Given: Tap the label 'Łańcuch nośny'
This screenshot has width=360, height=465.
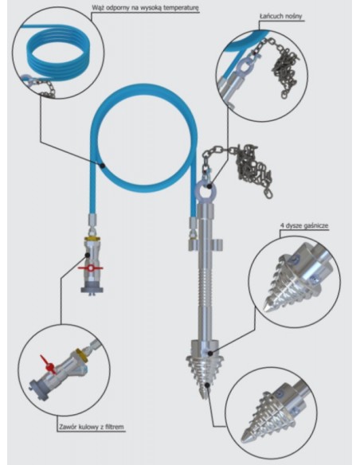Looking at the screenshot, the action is point(280,16).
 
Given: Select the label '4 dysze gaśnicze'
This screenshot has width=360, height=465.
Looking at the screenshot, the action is point(303,226).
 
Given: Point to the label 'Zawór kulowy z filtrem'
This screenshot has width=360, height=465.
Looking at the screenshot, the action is point(91,427).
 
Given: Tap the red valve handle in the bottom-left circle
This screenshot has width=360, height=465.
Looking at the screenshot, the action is point(48,365).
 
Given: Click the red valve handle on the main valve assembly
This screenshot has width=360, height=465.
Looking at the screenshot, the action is point(90,268).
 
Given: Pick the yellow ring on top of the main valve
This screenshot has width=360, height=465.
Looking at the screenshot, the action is point(92,239).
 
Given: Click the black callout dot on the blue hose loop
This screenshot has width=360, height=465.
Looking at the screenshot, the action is point(102,166).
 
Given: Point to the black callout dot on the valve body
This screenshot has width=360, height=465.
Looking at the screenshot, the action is point(88,255).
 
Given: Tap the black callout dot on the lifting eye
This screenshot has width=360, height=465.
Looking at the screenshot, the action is point(209,186).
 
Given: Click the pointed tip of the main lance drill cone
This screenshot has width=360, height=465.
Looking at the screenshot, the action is point(204,398).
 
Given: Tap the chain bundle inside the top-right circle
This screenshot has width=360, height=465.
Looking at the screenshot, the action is point(285,71).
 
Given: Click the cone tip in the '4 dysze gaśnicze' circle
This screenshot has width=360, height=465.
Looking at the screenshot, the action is point(268,307).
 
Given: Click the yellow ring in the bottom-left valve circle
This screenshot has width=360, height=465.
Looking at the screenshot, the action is point(81,355).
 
